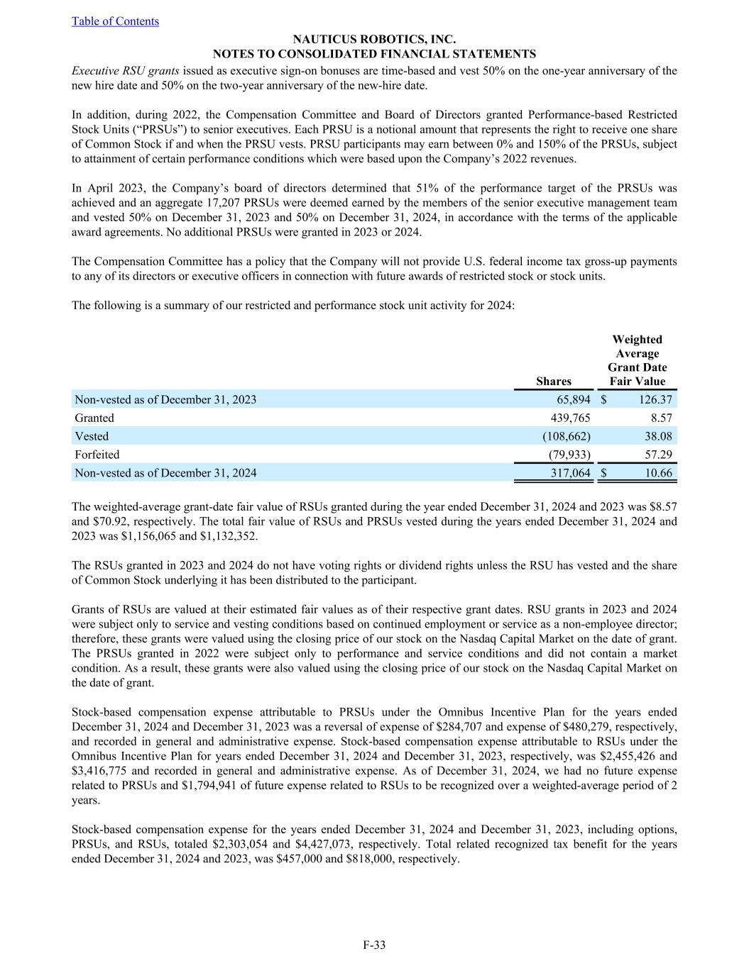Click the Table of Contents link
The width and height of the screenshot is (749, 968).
pyautogui.click(x=115, y=21)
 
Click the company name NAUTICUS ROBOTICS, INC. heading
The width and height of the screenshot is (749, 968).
pyautogui.click(x=374, y=40)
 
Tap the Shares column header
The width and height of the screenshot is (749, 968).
pyautogui.click(x=554, y=382)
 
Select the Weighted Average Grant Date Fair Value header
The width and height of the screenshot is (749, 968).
pyautogui.click(x=637, y=360)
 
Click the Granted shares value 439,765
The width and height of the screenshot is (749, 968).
pyautogui.click(x=570, y=418)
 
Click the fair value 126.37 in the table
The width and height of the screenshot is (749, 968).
pyautogui.click(x=655, y=400)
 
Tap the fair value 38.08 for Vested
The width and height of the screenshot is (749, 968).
pyautogui.click(x=658, y=437)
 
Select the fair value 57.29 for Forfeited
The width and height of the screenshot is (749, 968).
pyautogui.click(x=658, y=455)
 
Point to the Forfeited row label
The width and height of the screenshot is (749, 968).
pyautogui.click(x=97, y=455)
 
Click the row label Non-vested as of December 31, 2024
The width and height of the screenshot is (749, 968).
pyautogui.click(x=165, y=473)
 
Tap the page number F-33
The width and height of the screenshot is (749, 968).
pyautogui.click(x=374, y=945)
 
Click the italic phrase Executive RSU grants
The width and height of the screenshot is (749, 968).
pyautogui.click(x=126, y=71)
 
